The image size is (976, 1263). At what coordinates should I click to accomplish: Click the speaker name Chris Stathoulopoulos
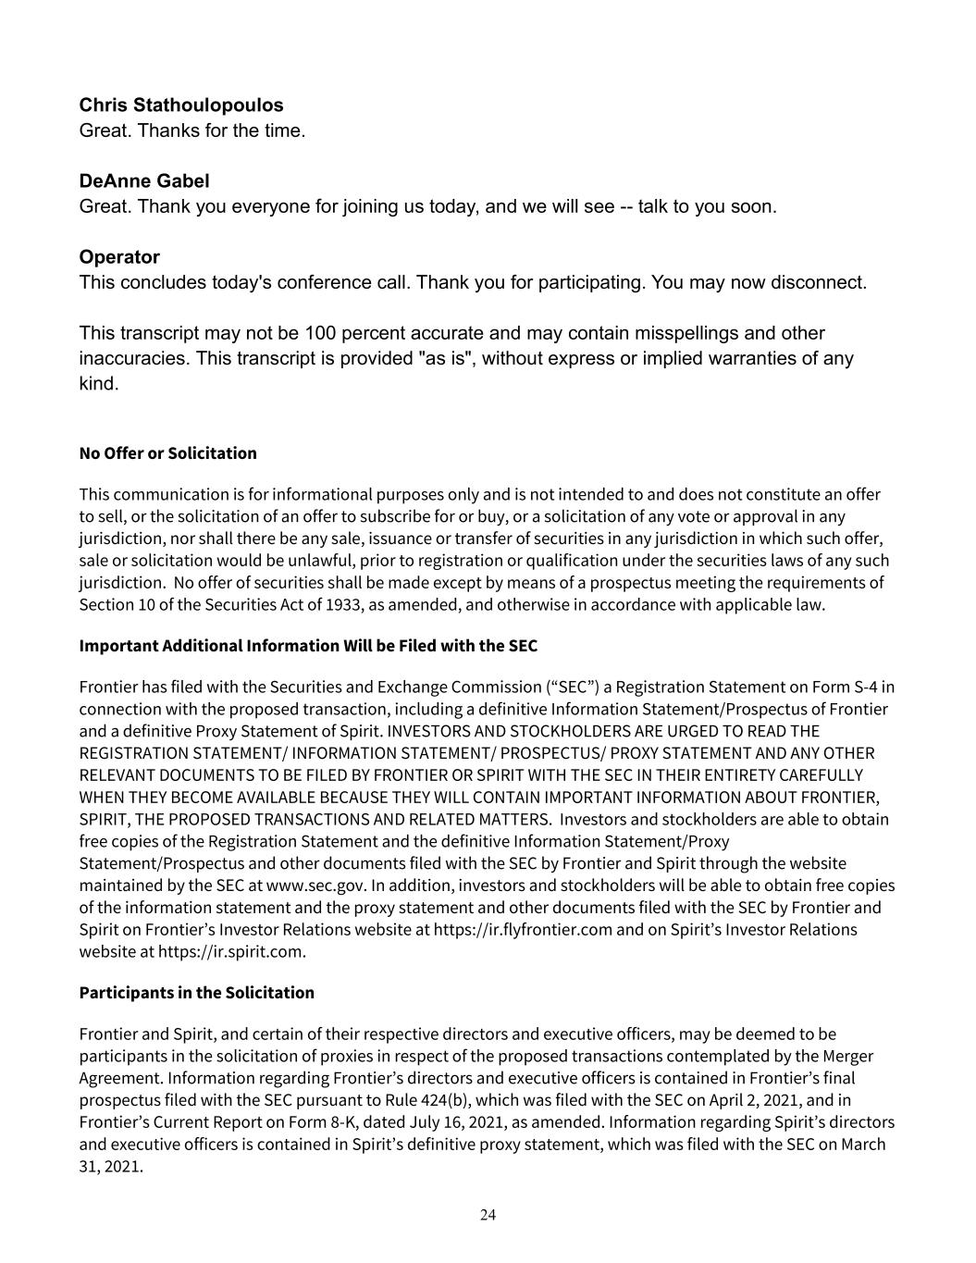click(181, 105)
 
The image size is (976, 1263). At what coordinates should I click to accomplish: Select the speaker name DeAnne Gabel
click(144, 181)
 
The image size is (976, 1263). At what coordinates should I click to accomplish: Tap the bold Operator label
click(119, 257)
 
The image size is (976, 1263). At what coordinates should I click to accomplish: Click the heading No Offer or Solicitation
click(167, 453)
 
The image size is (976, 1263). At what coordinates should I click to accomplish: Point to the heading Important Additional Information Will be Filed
click(308, 646)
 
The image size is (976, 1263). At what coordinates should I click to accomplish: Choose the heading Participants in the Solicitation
click(196, 993)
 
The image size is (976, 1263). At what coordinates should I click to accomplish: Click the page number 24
click(488, 1215)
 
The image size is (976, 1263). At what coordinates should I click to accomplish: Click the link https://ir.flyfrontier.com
click(523, 930)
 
